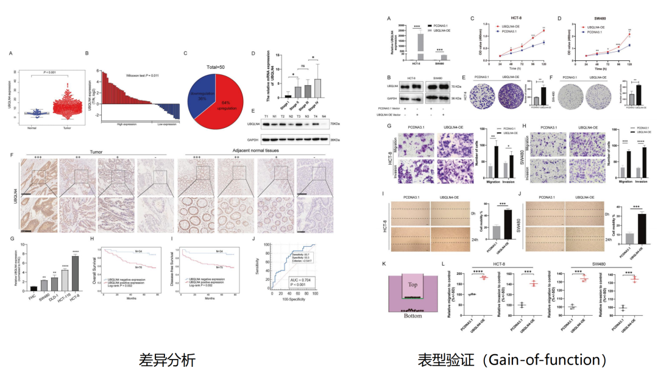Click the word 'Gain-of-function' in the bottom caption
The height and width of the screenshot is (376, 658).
click(x=549, y=360)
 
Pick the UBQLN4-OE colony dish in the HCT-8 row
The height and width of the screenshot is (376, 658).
click(x=510, y=96)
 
